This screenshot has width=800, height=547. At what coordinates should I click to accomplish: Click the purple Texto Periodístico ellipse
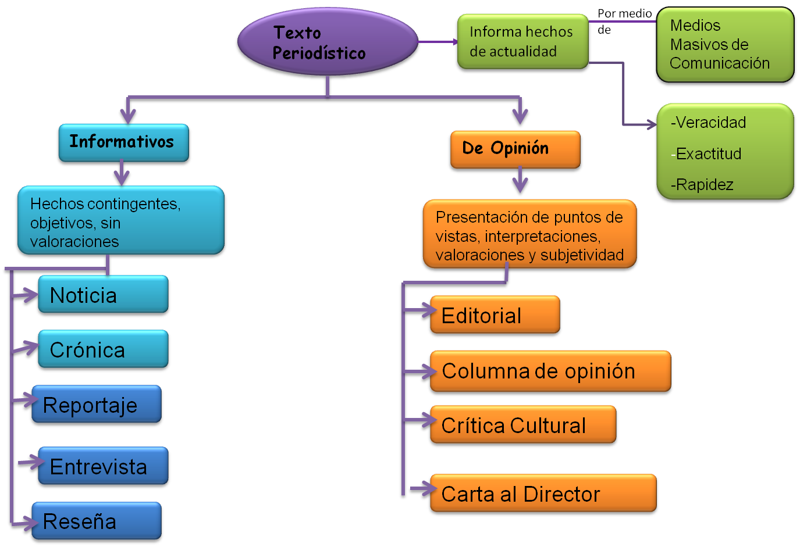[x=327, y=42]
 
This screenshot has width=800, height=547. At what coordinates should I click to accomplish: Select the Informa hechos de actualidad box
[x=522, y=42]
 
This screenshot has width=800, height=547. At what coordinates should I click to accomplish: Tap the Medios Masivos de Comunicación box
[x=724, y=45]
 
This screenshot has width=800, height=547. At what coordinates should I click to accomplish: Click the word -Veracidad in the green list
[x=709, y=123]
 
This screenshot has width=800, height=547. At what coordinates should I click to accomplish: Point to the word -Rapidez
[x=702, y=185]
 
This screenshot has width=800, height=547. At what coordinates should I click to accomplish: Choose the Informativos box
[x=123, y=142]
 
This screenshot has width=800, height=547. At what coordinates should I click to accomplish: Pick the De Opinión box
[x=514, y=149]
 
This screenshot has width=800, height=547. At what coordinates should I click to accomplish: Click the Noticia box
[x=103, y=295]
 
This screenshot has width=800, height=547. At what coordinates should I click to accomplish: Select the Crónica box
[x=103, y=350]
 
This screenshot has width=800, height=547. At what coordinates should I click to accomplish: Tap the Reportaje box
[x=97, y=405]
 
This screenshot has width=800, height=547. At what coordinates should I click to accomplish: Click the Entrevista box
[x=103, y=467]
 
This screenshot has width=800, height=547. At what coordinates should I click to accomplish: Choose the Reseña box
[x=97, y=521]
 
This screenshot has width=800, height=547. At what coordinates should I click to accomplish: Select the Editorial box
[x=495, y=316]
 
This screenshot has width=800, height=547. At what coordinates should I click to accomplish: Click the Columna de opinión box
[x=550, y=371]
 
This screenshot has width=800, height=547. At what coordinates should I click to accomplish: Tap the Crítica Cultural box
[x=522, y=426]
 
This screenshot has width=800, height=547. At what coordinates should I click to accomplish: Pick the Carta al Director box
[x=543, y=494]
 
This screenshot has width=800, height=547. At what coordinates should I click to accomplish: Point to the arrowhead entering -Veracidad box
[x=649, y=124]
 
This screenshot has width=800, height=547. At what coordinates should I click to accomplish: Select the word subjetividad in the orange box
[x=582, y=255]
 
